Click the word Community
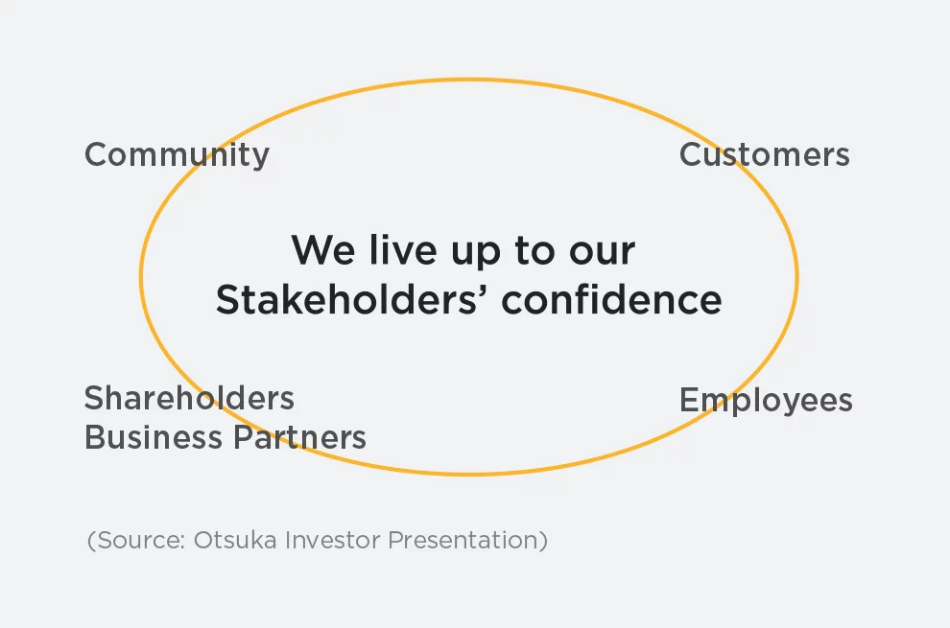177,155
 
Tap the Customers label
765,154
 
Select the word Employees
766,401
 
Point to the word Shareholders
189,398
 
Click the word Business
154,436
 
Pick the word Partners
300,436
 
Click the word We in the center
323,249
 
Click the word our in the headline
603,252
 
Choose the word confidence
612,299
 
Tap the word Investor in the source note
332,540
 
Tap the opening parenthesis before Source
91,540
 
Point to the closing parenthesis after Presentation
543,540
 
